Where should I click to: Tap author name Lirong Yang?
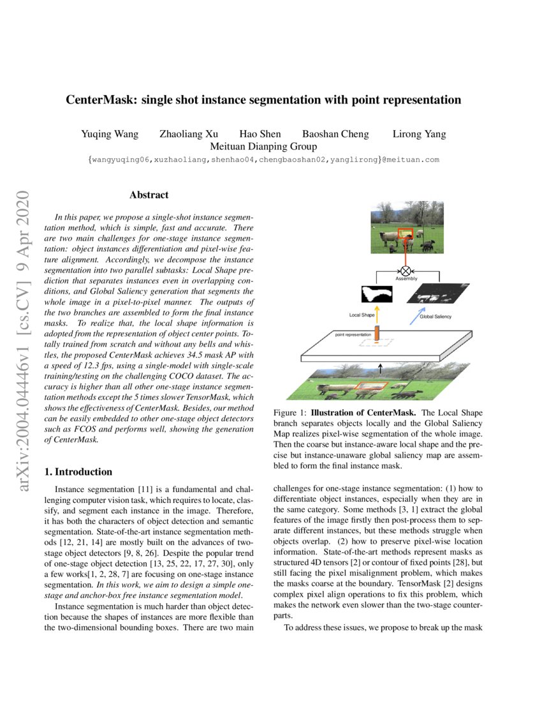(x=418, y=134)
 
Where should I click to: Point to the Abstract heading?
(x=149, y=195)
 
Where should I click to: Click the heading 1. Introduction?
(x=78, y=472)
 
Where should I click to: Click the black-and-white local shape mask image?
(x=377, y=294)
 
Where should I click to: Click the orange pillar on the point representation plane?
(x=377, y=333)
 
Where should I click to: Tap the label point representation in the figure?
(x=353, y=334)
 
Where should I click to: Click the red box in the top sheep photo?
(x=406, y=235)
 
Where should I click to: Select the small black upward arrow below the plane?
(x=380, y=367)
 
